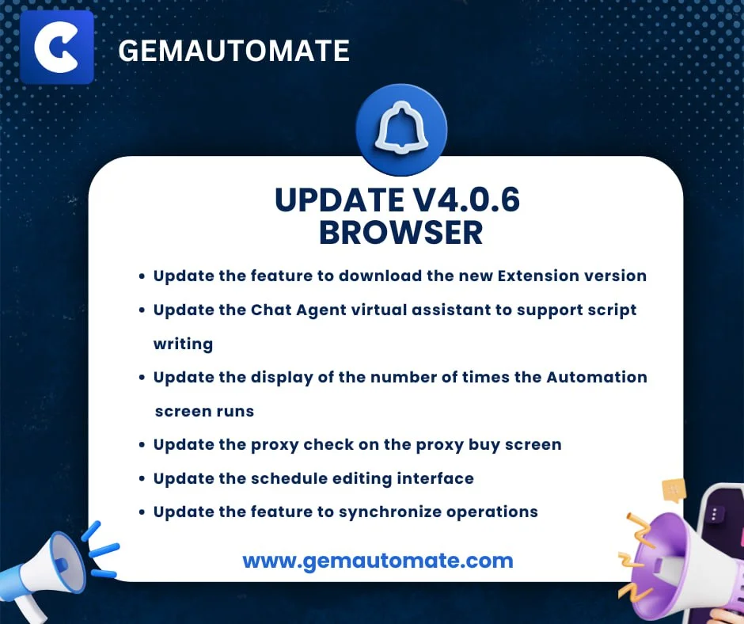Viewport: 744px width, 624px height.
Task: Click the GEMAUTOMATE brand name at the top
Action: point(233,51)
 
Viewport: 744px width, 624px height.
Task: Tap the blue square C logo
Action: point(57,48)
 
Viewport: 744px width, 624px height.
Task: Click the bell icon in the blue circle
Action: point(401,128)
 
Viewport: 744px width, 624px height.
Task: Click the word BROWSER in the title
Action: point(400,233)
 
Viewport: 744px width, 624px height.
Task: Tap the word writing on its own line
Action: point(183,344)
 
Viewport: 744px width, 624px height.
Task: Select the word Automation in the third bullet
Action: point(597,377)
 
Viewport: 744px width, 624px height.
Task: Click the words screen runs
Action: point(204,411)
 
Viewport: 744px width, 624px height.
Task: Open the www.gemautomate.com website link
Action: point(378,561)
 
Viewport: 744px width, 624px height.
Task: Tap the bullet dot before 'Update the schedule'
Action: point(141,479)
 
